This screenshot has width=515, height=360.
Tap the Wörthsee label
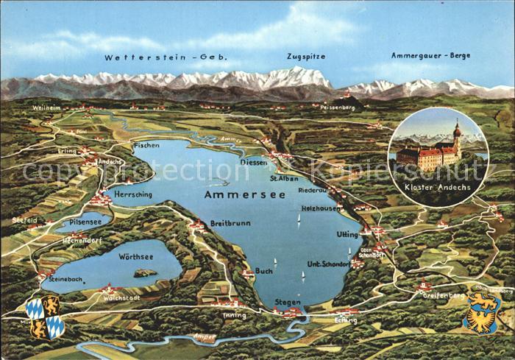(135, 255)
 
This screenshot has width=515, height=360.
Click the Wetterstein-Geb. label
(166, 57)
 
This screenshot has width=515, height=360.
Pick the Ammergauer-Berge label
(431, 55)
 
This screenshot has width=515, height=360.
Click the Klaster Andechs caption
(438, 188)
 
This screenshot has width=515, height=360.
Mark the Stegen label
(287, 302)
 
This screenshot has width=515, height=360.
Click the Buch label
(263, 271)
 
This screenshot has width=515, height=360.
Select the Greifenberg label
(444, 294)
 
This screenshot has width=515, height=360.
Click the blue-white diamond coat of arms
(44, 317)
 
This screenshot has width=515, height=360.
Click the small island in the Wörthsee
(145, 273)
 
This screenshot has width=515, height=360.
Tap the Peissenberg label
(338, 107)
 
